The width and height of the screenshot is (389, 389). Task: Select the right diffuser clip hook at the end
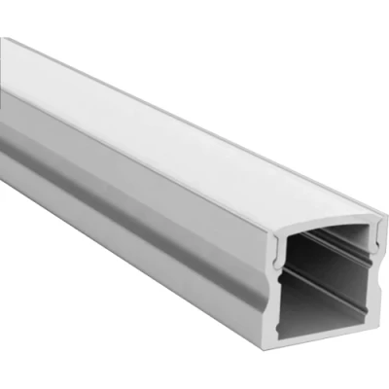point(369,255)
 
